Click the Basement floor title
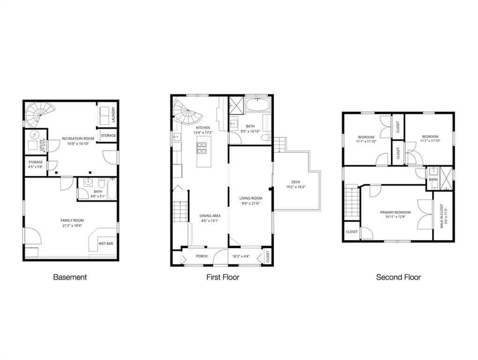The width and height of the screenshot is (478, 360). pyautogui.click(x=70, y=277)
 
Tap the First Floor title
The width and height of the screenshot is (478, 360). pyautogui.click(x=223, y=277)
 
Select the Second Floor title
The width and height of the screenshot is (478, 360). pyautogui.click(x=398, y=277)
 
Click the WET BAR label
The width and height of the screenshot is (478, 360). pyautogui.click(x=105, y=244)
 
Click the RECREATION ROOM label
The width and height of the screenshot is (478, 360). pyautogui.click(x=78, y=139)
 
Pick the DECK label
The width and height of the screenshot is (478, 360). pyautogui.click(x=296, y=182)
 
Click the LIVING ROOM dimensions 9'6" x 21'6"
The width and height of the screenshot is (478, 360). pyautogui.click(x=250, y=203)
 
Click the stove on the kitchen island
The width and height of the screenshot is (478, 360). pyautogui.click(x=202, y=149)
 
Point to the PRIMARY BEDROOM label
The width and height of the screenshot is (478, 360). pyautogui.click(x=395, y=212)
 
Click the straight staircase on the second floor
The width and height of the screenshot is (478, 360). pyautogui.click(x=351, y=202)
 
